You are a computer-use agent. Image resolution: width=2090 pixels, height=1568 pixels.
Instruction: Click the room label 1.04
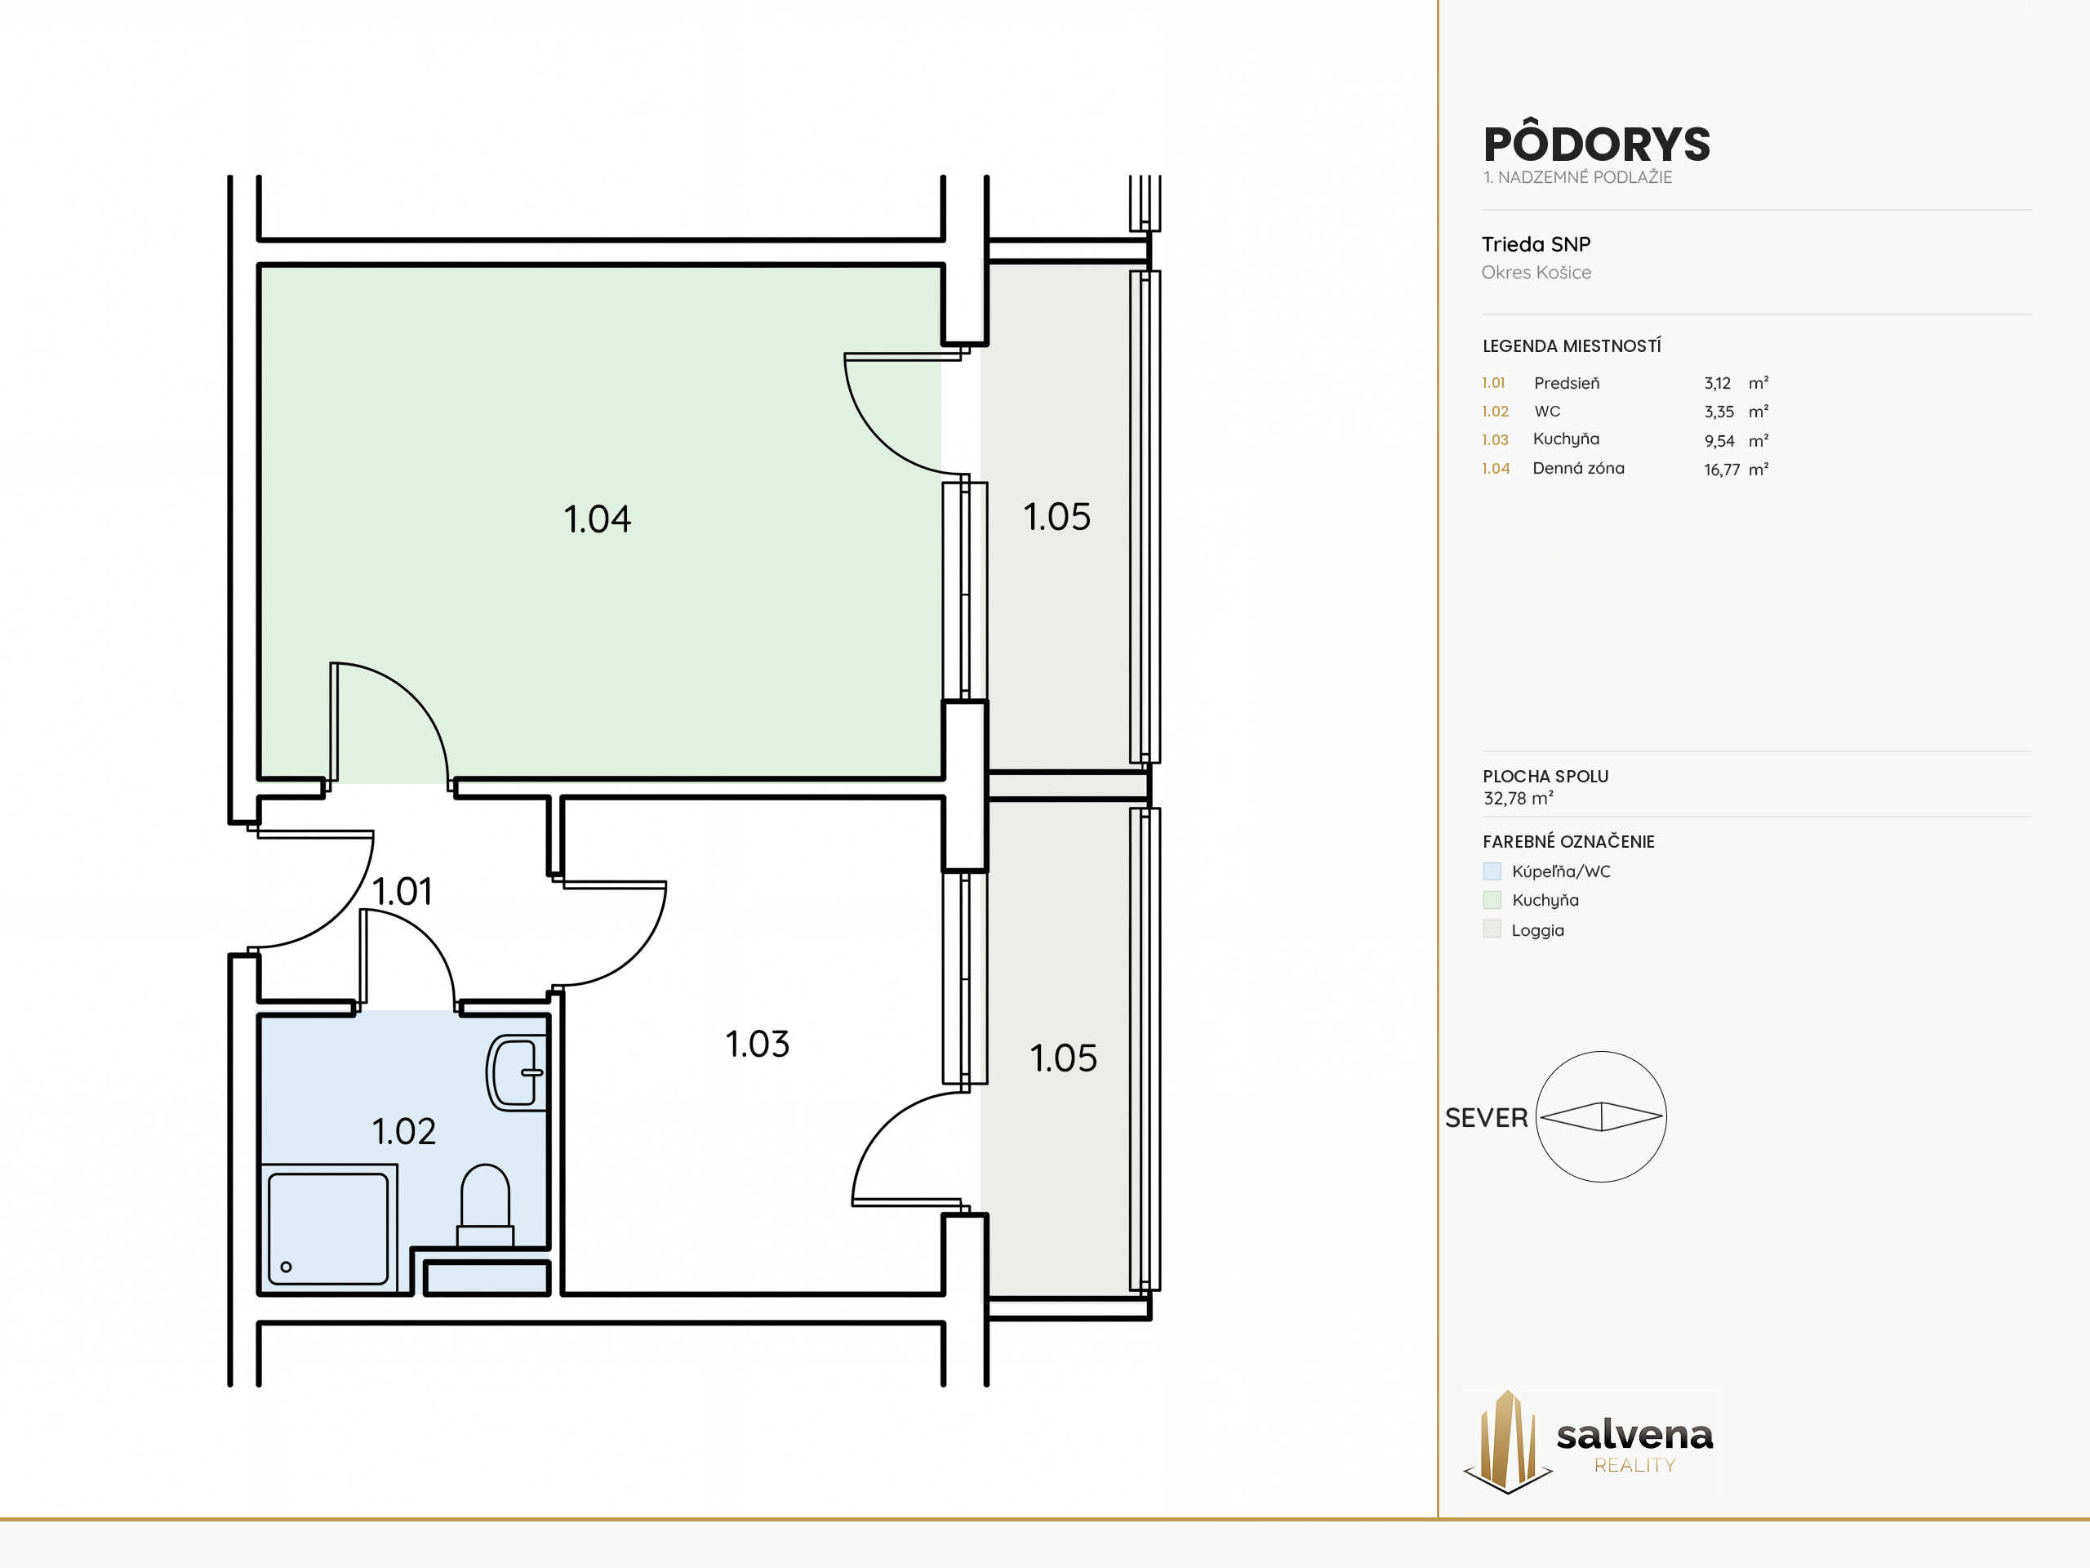(x=597, y=519)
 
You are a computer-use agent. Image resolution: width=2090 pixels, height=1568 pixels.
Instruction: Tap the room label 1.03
(x=757, y=1045)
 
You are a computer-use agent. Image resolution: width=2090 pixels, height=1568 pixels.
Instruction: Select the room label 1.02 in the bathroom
(x=403, y=1131)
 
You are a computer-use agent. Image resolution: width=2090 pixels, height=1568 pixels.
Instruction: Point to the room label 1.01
(x=402, y=891)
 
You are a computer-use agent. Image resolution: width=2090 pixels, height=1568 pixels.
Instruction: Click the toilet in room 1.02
(x=485, y=1206)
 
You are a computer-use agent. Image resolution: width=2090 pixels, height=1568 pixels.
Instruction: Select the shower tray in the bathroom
(x=328, y=1229)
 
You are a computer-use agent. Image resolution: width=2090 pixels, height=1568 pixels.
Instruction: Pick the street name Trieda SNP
(x=1536, y=244)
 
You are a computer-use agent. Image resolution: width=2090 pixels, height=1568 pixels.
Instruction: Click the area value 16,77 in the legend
(x=1722, y=470)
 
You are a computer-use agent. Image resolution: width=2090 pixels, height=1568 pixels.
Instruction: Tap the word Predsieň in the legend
(x=1567, y=383)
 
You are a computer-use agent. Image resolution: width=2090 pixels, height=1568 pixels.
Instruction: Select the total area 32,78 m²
(x=1519, y=799)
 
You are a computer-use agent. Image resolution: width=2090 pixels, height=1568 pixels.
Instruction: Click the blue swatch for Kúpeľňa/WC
(x=1492, y=871)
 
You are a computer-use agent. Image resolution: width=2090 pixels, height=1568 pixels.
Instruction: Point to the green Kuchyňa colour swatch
(x=1492, y=900)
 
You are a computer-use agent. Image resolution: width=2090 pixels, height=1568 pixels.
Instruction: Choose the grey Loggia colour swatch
(x=1492, y=929)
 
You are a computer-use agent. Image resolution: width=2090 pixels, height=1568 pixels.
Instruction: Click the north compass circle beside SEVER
(x=1536, y=1116)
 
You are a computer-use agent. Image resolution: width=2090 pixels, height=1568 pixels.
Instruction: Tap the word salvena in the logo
(x=1634, y=1435)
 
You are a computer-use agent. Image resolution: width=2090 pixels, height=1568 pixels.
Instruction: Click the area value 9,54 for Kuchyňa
(x=1719, y=441)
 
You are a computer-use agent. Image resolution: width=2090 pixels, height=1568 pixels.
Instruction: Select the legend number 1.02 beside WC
(x=1495, y=411)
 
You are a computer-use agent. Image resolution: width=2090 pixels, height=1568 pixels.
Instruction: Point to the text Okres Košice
(x=1536, y=272)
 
